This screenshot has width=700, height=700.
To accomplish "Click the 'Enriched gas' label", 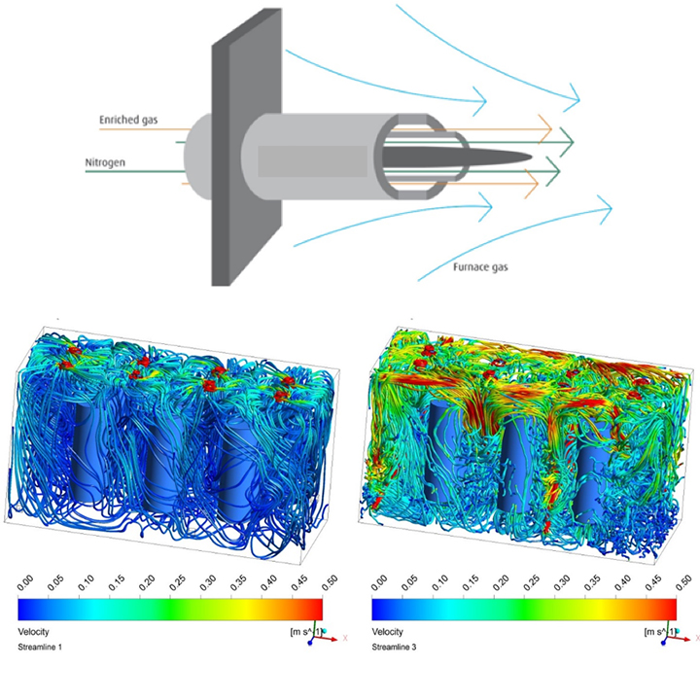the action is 128,120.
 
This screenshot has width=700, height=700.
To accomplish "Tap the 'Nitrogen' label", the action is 105,162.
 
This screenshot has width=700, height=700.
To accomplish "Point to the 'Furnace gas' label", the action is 480,267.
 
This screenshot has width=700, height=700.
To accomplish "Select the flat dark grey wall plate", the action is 246,148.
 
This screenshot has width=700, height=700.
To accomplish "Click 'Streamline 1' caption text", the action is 40,647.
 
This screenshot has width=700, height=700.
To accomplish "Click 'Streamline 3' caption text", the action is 394,647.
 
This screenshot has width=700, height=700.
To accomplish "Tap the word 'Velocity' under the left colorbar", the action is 33,632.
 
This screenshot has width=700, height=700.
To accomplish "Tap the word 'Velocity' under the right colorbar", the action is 387,632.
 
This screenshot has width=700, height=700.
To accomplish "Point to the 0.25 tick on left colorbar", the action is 177,582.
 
